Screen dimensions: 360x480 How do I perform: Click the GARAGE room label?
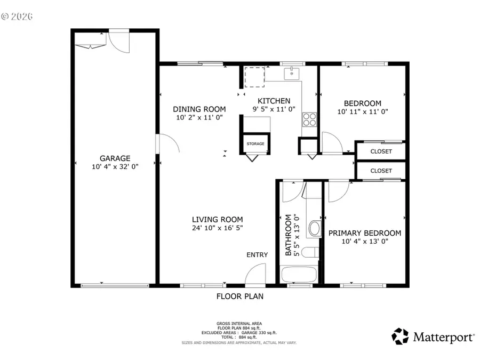tap(115, 158)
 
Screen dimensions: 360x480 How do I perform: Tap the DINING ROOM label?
tap(199, 109)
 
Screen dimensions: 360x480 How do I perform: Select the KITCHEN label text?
tap(274, 101)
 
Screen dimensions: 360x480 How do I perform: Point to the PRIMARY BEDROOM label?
tap(365, 233)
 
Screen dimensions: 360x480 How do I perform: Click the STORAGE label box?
tap(255, 144)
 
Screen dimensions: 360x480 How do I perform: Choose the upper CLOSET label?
tap(381, 151)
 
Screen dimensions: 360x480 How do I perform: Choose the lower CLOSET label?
tap(381, 171)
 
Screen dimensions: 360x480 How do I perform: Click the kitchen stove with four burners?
tap(309, 118)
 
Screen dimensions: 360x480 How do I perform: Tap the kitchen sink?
tap(291, 74)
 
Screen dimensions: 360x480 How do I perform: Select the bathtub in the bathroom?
tap(298, 275)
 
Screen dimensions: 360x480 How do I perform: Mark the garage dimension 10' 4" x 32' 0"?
tap(115, 167)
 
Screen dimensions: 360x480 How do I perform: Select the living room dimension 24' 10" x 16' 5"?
tap(218, 228)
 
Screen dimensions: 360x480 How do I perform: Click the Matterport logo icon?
tap(400, 337)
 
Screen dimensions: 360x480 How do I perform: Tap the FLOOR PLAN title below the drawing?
tap(239, 297)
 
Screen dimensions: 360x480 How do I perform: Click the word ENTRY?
tap(257, 255)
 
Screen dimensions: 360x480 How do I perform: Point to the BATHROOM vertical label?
tap(289, 235)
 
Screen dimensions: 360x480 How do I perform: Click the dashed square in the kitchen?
tap(254, 77)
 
